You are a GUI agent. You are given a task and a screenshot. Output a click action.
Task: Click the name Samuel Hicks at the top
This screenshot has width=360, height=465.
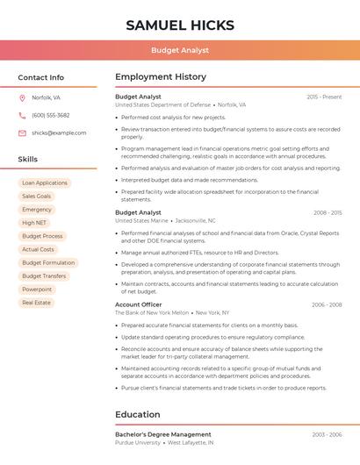[179, 25]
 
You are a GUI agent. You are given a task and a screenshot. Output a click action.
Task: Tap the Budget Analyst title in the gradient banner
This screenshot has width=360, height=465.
[179, 50]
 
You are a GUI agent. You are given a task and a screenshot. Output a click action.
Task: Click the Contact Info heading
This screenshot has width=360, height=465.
[40, 77]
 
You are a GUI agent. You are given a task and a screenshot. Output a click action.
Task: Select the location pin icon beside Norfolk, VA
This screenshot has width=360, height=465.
[22, 97]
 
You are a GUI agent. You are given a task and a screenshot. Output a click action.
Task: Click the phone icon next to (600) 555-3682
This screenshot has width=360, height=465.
[22, 115]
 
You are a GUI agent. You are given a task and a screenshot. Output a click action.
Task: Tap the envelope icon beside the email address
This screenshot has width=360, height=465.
[22, 132]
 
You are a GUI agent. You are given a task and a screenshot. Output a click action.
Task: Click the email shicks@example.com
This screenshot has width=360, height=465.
[59, 132]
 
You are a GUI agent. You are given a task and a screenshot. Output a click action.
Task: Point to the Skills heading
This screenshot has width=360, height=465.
[27, 159]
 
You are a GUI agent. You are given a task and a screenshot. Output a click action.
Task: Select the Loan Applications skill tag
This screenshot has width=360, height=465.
[45, 183]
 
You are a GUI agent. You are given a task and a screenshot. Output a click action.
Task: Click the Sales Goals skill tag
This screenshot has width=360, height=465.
[37, 197]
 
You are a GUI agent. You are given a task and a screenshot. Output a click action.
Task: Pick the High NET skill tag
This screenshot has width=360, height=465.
[34, 223]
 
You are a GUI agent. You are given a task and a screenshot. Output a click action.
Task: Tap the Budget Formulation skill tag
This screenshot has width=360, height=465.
[48, 262]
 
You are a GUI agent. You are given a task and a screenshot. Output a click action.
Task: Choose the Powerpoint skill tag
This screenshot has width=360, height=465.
[37, 289]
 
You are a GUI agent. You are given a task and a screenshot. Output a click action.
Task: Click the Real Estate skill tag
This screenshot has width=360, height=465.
[36, 302]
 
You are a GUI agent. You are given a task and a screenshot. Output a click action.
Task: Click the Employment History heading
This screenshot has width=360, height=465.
[160, 77]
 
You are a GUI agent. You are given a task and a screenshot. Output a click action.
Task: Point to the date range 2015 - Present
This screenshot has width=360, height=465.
[324, 97]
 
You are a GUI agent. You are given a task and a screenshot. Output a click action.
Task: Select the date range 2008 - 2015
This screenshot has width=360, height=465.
[327, 212]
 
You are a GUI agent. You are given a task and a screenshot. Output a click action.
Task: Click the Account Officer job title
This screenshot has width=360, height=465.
[138, 304]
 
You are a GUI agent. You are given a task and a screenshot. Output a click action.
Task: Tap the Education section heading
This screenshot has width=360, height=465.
[137, 414]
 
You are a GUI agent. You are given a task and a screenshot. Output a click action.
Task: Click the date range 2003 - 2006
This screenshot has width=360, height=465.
[327, 434]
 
